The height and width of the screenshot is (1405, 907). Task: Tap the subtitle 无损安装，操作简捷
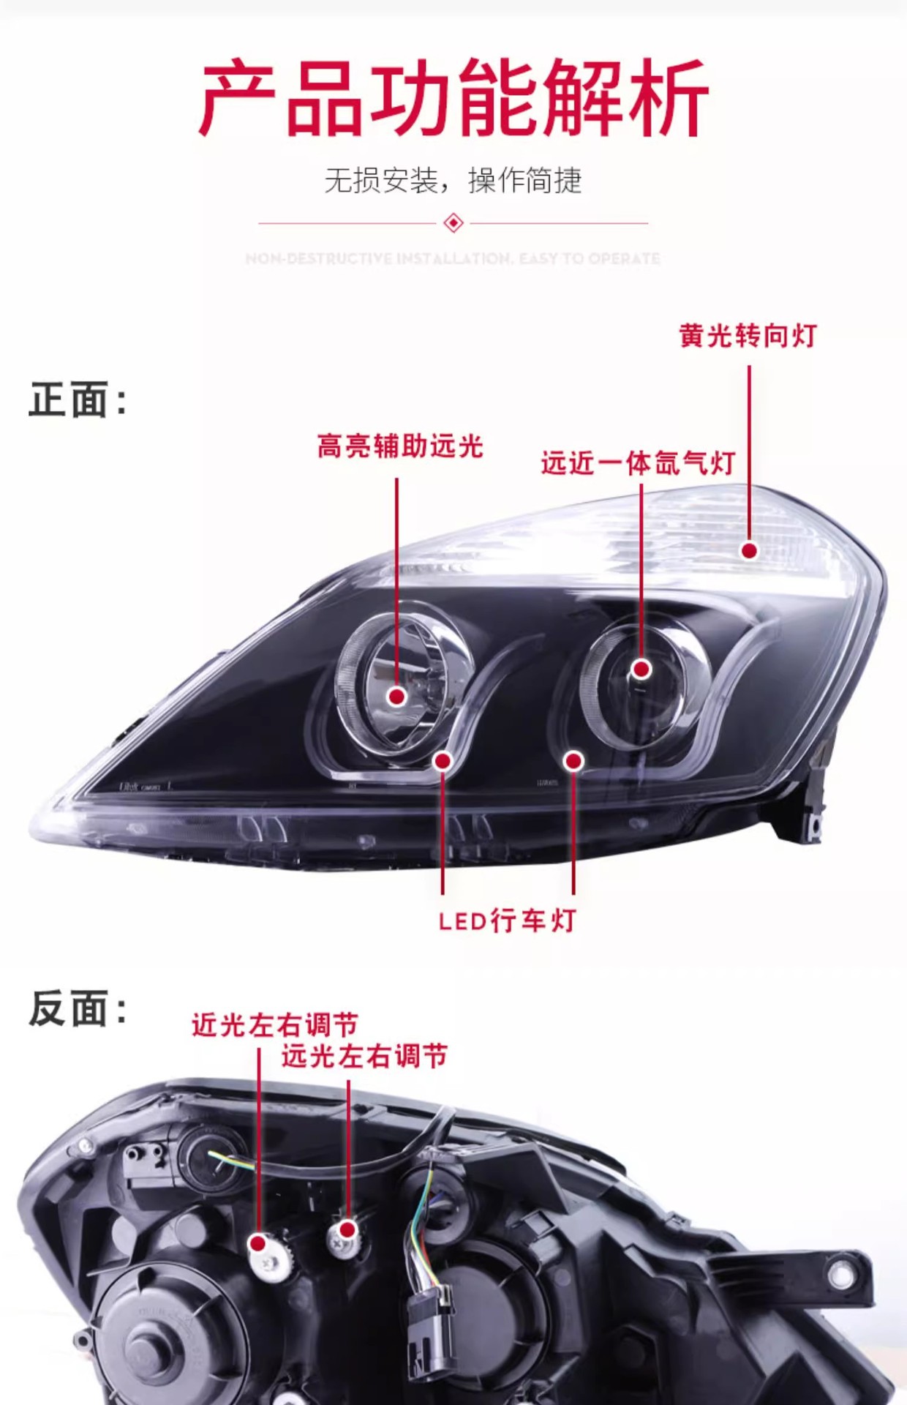pos(453,180)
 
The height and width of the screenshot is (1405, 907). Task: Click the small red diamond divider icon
pos(453,222)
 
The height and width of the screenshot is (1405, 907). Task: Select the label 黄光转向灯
pos(748,336)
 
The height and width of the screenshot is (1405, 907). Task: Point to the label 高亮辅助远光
pos(400,446)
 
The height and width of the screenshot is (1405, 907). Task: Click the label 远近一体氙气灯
pos(638,463)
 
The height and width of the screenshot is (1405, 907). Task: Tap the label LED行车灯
pos(507,921)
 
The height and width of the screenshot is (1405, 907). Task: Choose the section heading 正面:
pos(78,400)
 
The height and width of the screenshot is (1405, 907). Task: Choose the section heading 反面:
pos(78,1008)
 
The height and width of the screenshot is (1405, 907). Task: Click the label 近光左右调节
pos(275,1024)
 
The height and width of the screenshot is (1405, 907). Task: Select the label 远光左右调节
pos(364,1056)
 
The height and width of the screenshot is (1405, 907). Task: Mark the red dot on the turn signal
pos(749,550)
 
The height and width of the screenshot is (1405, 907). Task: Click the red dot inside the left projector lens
pos(397,696)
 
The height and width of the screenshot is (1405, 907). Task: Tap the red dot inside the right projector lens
pos(641,669)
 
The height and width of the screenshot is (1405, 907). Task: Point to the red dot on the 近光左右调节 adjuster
pos(257,1243)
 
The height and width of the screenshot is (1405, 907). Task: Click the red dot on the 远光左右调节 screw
pos(348,1229)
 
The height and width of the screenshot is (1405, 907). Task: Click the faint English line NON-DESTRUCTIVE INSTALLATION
pos(453,258)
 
